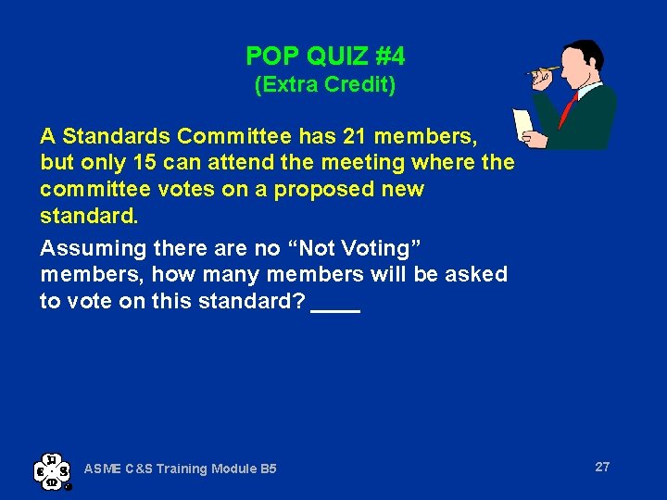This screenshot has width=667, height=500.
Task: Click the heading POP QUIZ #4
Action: click(325, 56)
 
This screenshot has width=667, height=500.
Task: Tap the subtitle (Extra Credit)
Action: click(325, 85)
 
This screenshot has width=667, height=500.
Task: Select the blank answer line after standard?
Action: click(335, 304)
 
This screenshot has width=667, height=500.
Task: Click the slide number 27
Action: click(602, 467)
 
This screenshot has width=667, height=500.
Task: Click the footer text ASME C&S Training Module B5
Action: click(181, 469)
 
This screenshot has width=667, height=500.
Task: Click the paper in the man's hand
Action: click(524, 124)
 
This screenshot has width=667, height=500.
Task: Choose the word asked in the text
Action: click(472, 274)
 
